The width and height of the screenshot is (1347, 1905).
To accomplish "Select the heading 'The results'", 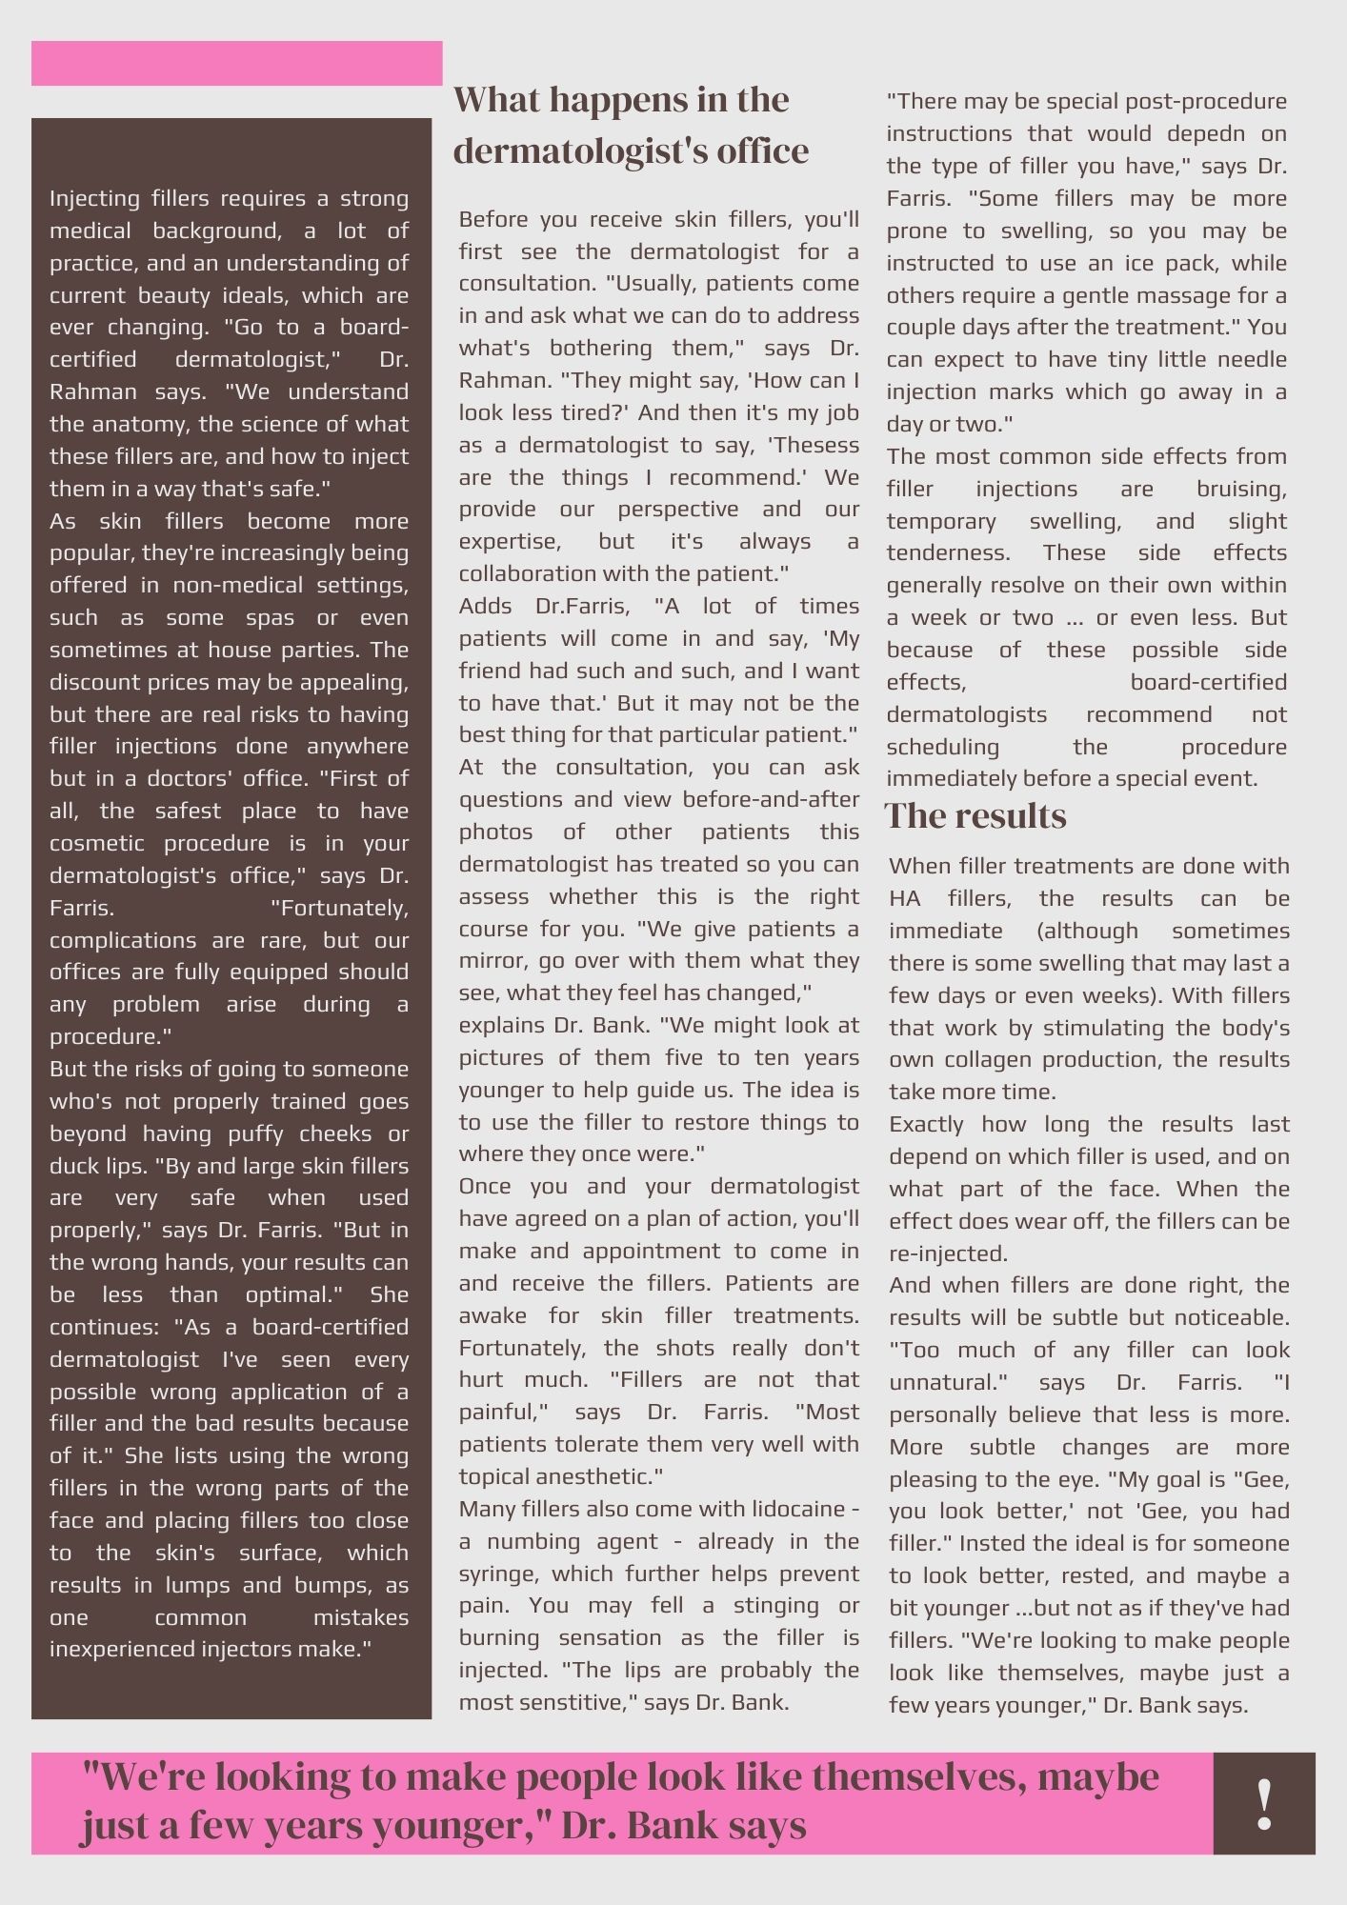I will (975, 816).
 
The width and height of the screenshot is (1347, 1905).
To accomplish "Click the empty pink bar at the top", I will (236, 64).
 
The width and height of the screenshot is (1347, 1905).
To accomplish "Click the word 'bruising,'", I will (1241, 489).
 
